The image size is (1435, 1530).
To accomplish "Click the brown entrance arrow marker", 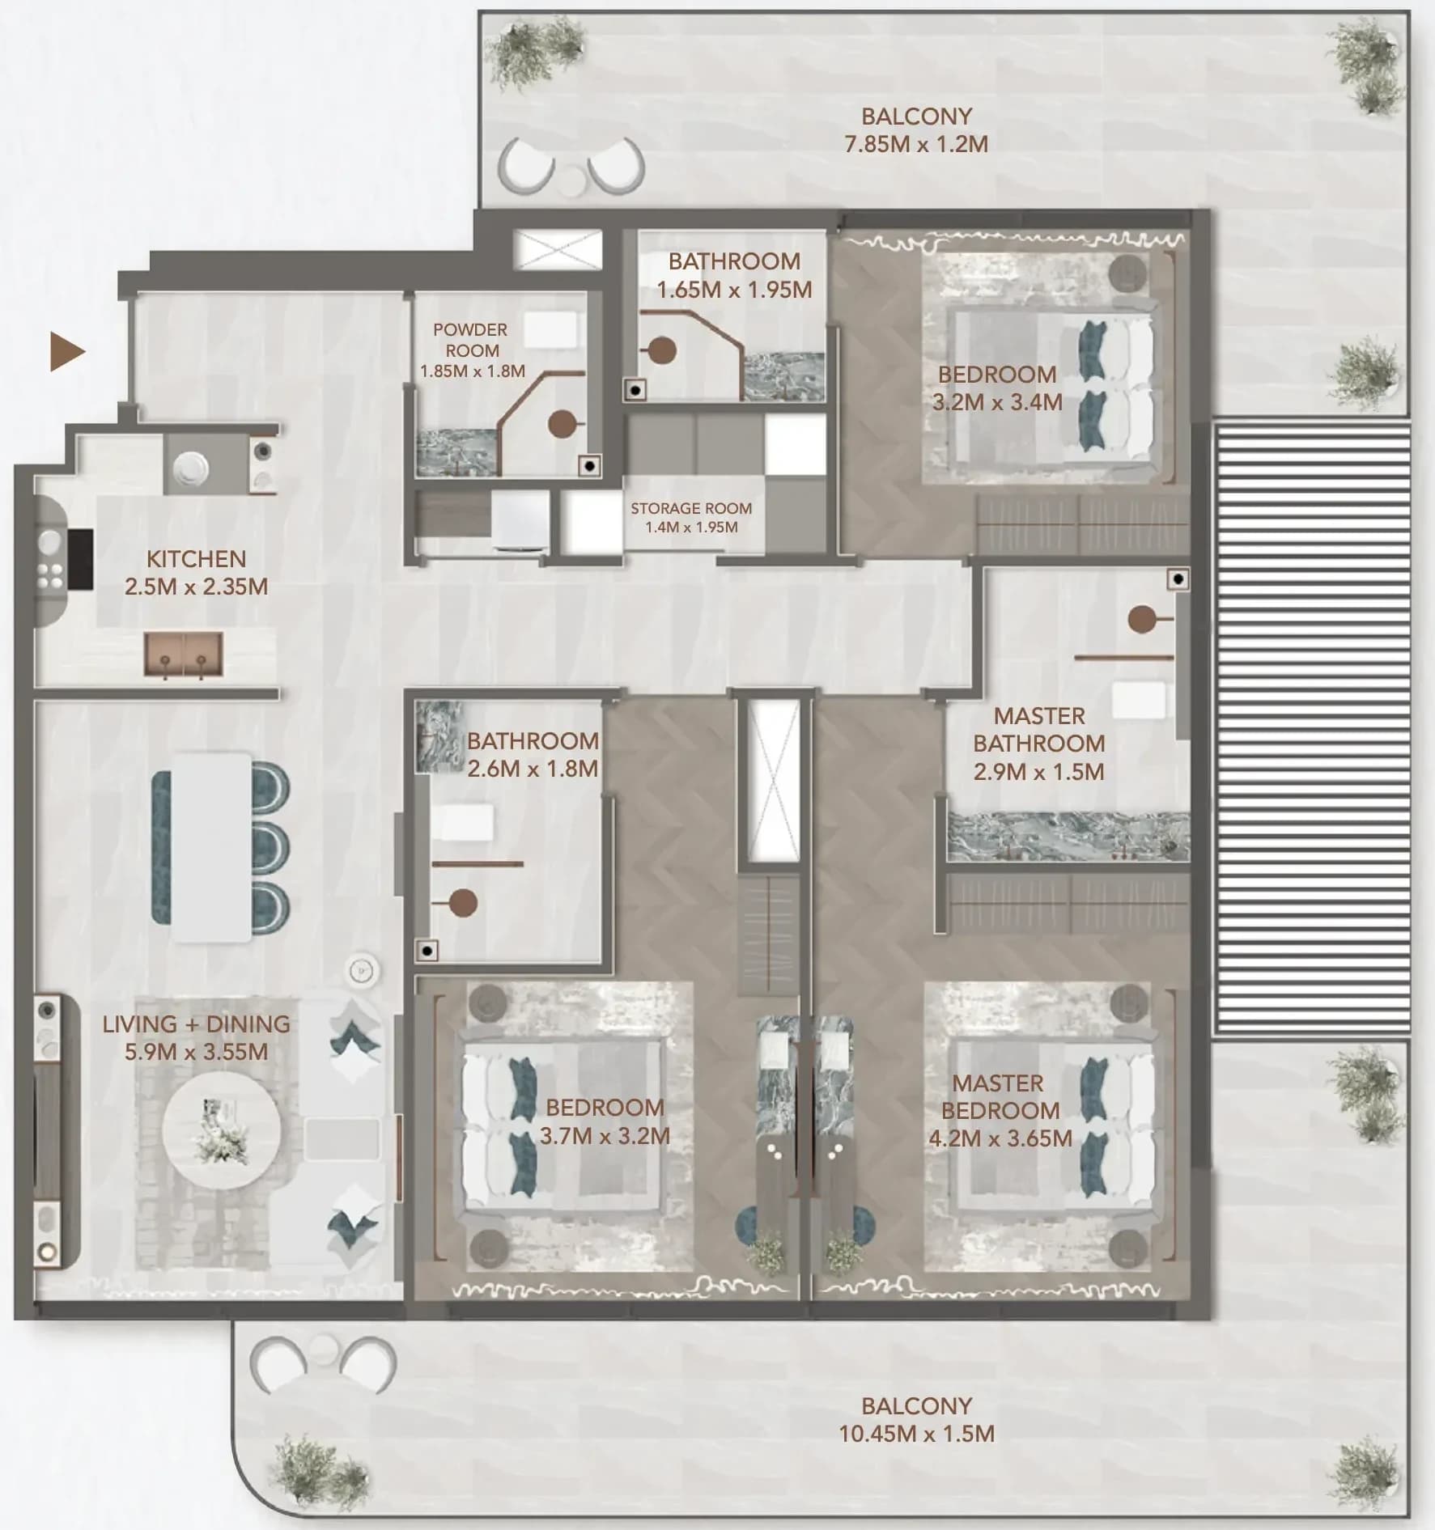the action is click(x=66, y=351).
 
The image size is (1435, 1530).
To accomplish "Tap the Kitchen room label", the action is click(x=196, y=559).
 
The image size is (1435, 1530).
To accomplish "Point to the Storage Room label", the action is click(x=691, y=508).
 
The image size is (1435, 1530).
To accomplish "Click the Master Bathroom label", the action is click(x=1038, y=729).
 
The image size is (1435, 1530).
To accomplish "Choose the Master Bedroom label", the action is click(x=999, y=1096).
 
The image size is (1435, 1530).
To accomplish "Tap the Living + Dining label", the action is click(x=196, y=1024).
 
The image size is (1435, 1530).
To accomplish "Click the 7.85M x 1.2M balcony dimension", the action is click(x=916, y=144).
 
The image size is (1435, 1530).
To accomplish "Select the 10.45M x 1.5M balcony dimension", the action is click(x=916, y=1434).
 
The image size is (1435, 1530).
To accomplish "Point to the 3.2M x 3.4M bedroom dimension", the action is click(x=997, y=402).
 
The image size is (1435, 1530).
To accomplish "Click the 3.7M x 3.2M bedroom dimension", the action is click(x=605, y=1136).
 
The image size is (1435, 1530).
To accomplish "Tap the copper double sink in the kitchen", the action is click(x=184, y=654).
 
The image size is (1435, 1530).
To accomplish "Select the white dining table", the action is click(x=212, y=847).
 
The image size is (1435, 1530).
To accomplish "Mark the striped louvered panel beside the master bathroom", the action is click(x=1311, y=730).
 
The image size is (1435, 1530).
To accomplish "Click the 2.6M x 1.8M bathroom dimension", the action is click(x=533, y=769).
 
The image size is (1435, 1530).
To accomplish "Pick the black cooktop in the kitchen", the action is click(x=80, y=559).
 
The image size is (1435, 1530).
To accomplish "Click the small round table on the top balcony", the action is click(x=572, y=180).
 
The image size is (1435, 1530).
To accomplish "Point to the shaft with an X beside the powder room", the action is click(x=558, y=248).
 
